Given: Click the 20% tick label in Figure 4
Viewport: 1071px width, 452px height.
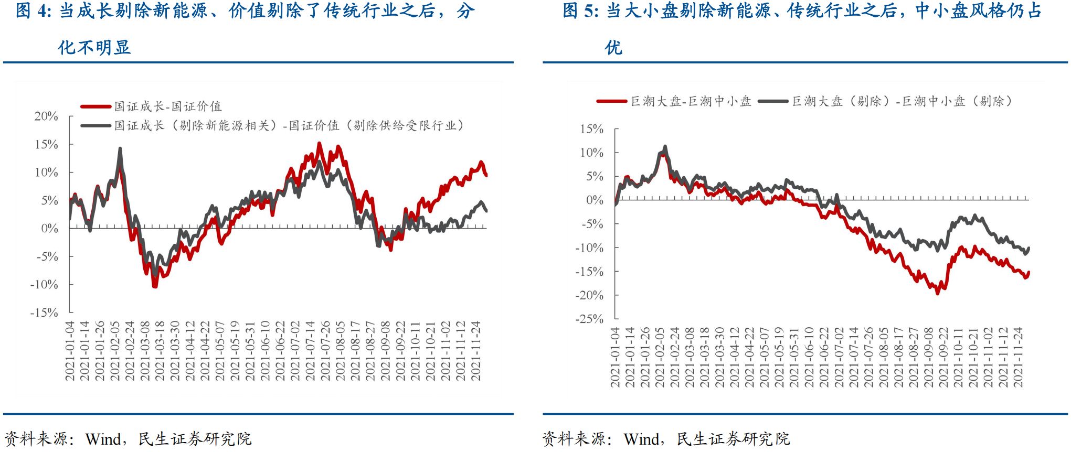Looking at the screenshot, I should (46, 116).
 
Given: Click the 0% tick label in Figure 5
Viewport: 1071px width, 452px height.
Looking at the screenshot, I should (595, 200).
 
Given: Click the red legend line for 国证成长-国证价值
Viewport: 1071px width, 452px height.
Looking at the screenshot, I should (96, 106).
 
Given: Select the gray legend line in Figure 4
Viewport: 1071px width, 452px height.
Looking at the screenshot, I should (96, 126).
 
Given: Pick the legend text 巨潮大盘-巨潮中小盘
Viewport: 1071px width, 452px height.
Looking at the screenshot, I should (691, 101).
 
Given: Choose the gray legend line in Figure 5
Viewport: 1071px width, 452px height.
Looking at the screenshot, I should (773, 101).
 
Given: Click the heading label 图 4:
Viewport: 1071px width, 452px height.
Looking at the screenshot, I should (34, 10).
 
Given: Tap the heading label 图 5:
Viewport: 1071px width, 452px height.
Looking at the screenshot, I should (580, 10).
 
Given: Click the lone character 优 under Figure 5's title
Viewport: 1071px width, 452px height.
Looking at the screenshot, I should (613, 48).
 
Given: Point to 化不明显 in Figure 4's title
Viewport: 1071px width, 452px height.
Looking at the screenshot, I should (94, 48).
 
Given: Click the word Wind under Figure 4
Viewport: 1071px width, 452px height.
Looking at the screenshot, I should (103, 439).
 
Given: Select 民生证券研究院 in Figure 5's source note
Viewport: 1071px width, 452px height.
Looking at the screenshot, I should (733, 439).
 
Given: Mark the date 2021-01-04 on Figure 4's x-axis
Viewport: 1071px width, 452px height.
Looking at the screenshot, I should (70, 350).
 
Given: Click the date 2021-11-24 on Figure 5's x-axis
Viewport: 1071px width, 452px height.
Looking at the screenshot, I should (1018, 357).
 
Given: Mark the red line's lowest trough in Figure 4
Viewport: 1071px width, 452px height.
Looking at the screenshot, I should (155, 286).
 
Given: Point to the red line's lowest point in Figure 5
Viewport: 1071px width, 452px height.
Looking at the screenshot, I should (938, 293).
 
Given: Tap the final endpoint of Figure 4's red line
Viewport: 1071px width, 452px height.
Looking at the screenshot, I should (486, 175).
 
